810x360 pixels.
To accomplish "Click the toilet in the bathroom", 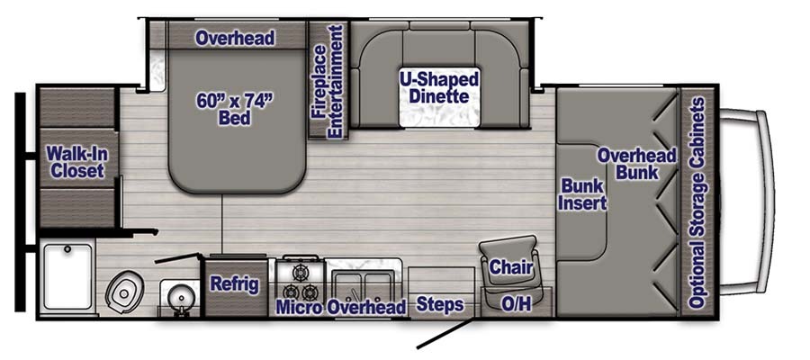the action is (x=123, y=292).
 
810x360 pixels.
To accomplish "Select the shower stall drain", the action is (x=67, y=249).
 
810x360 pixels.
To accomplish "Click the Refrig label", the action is (x=234, y=284).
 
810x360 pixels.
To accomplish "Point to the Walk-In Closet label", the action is (x=77, y=162).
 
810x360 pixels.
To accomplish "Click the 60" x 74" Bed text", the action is (x=234, y=109).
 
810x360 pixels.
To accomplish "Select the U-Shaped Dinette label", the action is (x=439, y=87).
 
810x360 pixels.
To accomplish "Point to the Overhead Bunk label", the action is (x=637, y=163).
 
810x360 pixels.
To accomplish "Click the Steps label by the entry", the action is (x=440, y=305).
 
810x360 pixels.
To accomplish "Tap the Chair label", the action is (x=511, y=267).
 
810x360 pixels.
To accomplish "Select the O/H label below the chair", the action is (x=517, y=305).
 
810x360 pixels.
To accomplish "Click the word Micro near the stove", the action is (x=300, y=307).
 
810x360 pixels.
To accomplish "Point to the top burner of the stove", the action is (x=300, y=272).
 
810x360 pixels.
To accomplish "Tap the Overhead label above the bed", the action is (x=235, y=38).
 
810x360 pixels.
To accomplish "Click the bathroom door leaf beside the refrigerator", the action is (x=178, y=257).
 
